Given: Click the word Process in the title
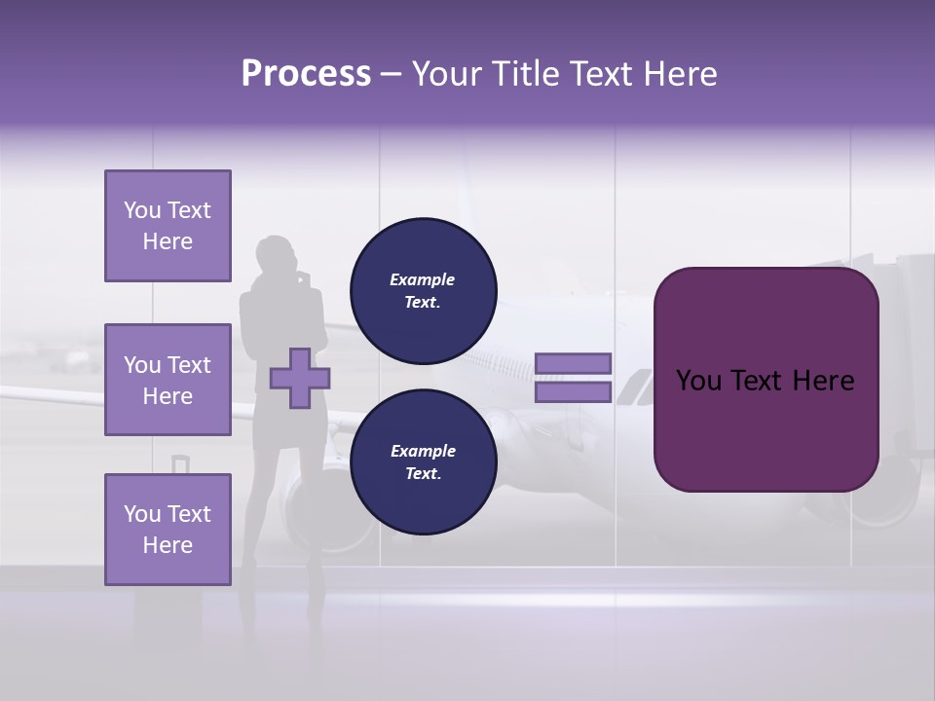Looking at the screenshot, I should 306,74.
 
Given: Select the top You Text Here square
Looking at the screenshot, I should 168,226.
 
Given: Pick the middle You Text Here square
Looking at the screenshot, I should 168,380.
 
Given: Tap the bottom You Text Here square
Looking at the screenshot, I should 168,529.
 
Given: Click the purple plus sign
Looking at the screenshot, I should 299,378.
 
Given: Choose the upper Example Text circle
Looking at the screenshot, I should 423,291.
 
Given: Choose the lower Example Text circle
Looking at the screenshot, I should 423,461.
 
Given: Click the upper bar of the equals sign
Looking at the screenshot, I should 573,363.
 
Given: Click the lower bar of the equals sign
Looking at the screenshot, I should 573,392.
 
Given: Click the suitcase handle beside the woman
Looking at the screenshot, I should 181,465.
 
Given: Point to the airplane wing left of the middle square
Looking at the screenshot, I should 49,396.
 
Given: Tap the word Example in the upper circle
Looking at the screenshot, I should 423,279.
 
